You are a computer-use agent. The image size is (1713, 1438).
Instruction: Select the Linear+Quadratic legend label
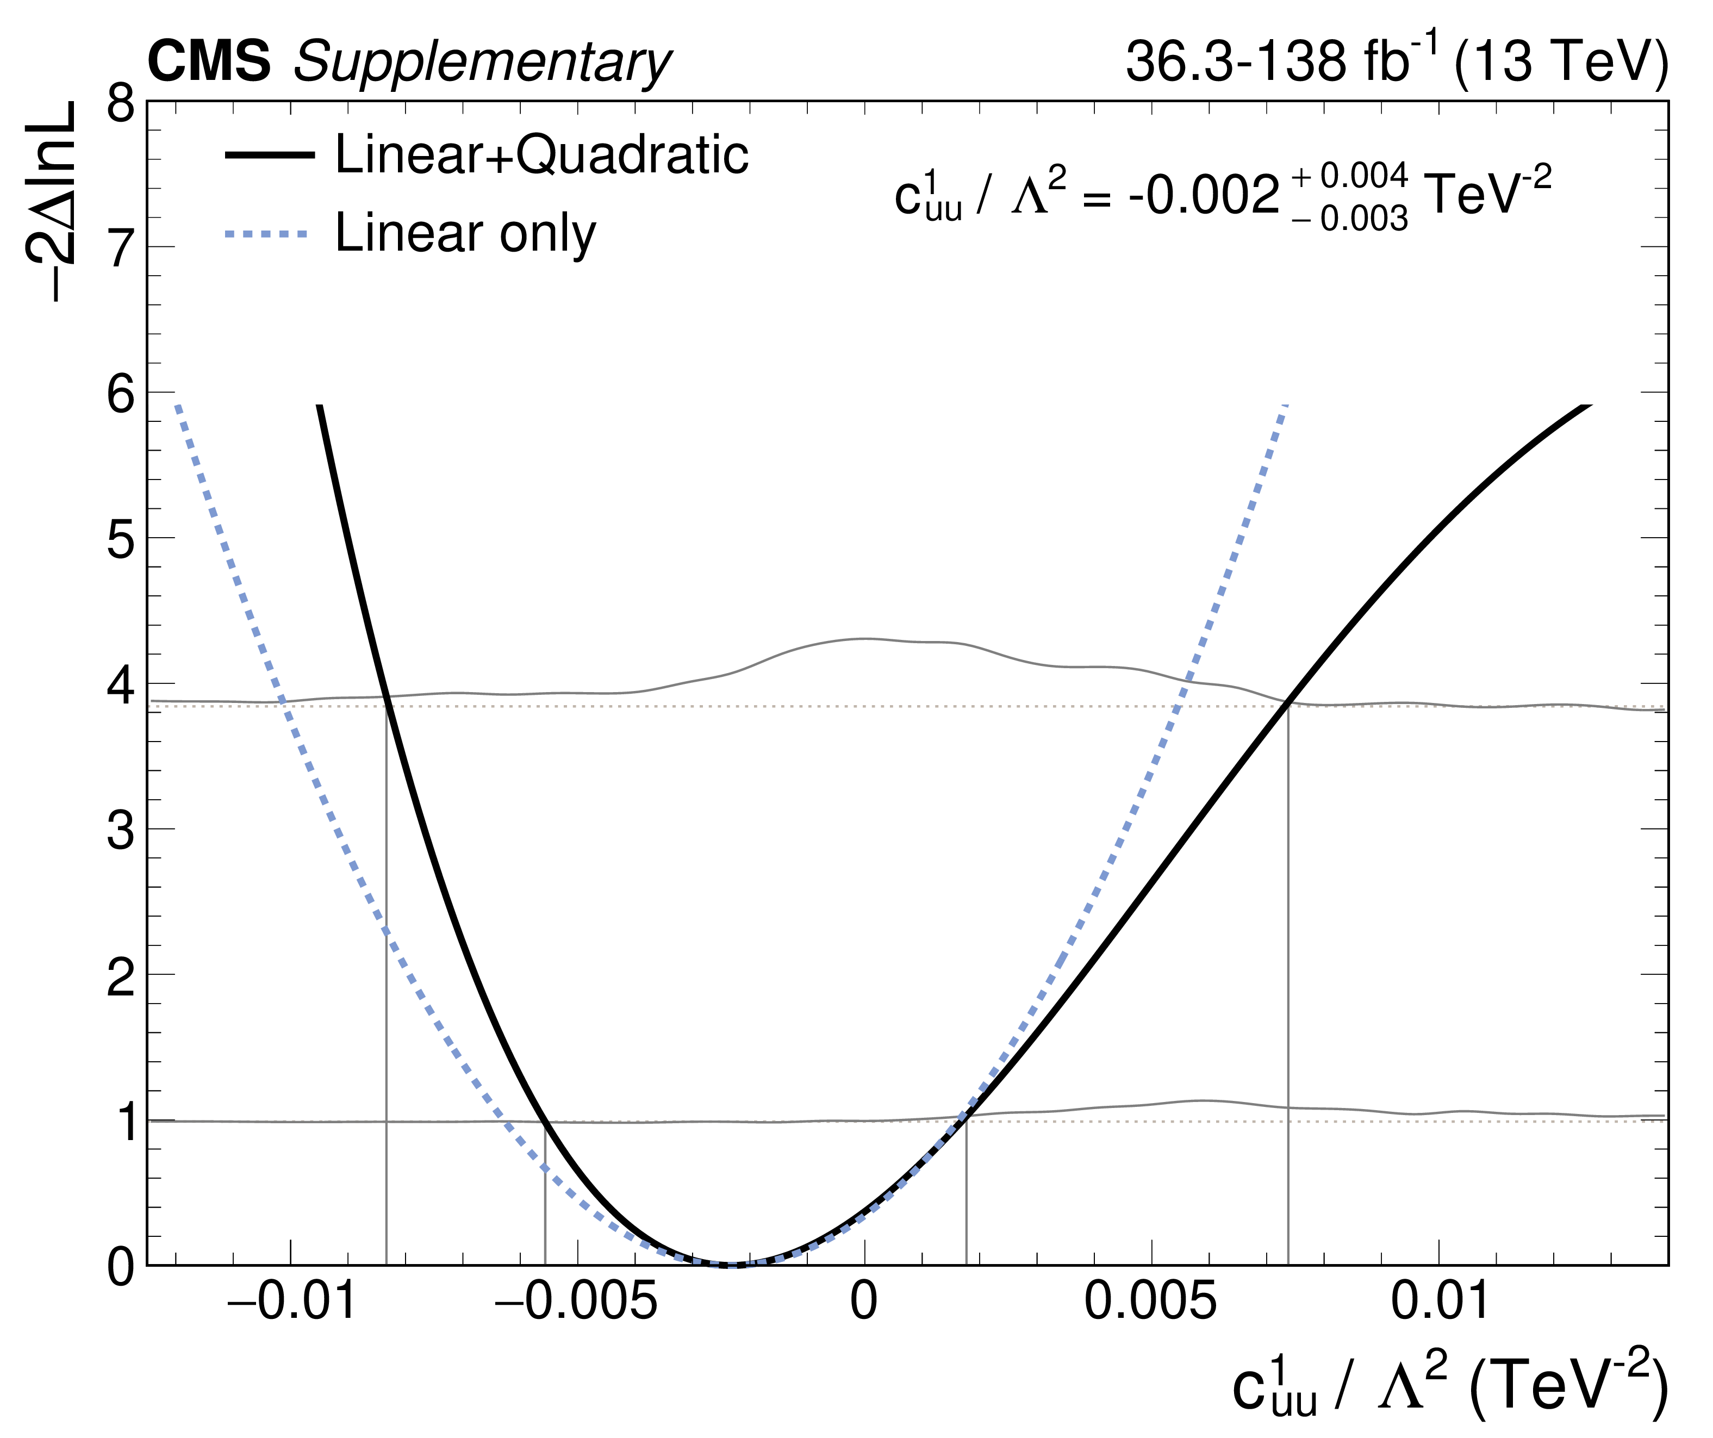541,154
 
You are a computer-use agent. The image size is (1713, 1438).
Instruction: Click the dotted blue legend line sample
267,234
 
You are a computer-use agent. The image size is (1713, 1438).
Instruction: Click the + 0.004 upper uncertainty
1349,176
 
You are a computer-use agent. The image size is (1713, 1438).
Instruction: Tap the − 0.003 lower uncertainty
1349,219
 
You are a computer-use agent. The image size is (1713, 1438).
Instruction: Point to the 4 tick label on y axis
121,685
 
